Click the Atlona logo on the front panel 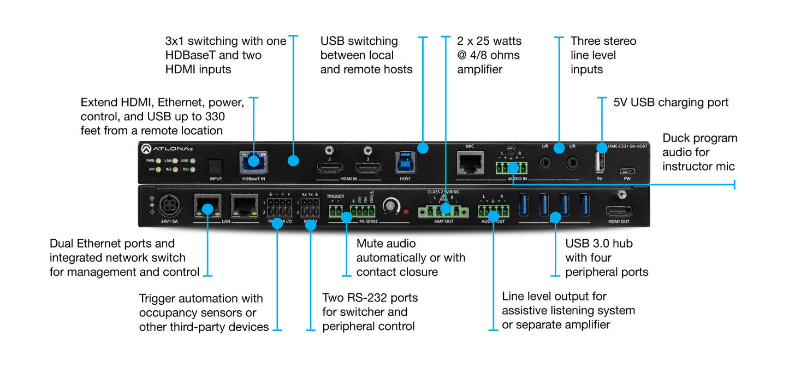[167, 149]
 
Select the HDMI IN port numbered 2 [330, 167]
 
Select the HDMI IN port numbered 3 [369, 167]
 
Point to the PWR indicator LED [158, 161]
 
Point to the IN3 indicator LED [193, 170]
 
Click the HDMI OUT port [619, 211]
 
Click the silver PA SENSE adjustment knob [390, 206]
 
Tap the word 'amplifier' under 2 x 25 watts [479, 69]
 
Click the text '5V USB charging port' [671, 102]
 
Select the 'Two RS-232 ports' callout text [370, 298]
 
